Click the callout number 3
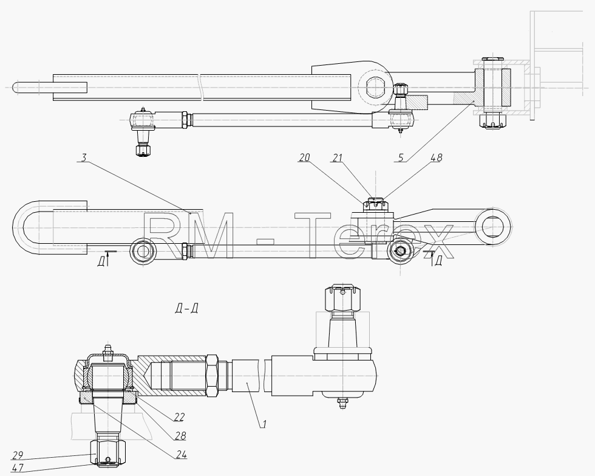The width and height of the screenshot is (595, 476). click(84, 157)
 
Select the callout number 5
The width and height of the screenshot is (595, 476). click(401, 157)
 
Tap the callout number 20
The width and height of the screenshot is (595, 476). click(304, 157)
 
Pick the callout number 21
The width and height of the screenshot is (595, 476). click(338, 157)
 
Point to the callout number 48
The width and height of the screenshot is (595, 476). click(437, 157)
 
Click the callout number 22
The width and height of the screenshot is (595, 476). click(179, 417)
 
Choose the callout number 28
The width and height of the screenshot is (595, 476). click(181, 436)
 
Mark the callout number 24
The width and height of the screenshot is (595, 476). click(182, 454)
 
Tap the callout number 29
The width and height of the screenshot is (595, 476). click(18, 455)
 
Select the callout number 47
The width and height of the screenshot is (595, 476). click(18, 467)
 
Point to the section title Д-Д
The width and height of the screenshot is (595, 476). click(187, 308)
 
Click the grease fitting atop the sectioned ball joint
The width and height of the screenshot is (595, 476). click(108, 351)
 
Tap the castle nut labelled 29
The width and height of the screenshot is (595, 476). click(108, 452)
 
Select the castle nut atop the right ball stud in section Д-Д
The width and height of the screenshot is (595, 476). click(342, 298)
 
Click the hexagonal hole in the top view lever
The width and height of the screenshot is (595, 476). click(376, 87)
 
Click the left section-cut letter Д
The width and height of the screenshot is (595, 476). click(101, 261)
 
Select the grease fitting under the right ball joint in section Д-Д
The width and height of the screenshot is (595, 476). click(342, 403)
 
